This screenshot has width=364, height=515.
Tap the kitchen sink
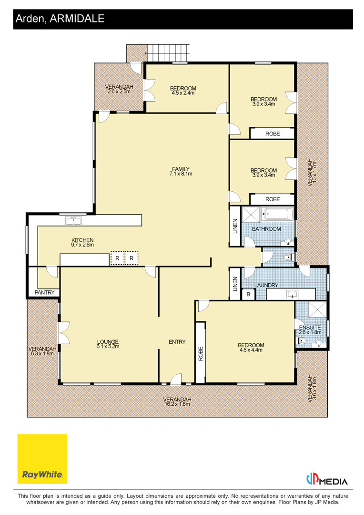tap(73, 220)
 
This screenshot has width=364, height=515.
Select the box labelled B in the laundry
tap(248, 294)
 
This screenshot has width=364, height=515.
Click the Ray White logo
tap(42, 459)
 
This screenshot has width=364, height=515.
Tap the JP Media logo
tap(326, 480)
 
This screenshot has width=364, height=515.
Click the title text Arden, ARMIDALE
tap(60, 19)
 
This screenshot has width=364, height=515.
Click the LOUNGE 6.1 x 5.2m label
tap(108, 344)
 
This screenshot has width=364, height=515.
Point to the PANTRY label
tap(45, 292)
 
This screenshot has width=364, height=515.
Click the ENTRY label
tap(177, 342)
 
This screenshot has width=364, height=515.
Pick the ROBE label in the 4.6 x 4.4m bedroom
tap(201, 354)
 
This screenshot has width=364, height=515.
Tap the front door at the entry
tap(176, 380)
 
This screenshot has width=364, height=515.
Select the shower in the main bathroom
tap(251, 215)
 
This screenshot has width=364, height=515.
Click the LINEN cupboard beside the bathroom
tap(235, 227)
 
